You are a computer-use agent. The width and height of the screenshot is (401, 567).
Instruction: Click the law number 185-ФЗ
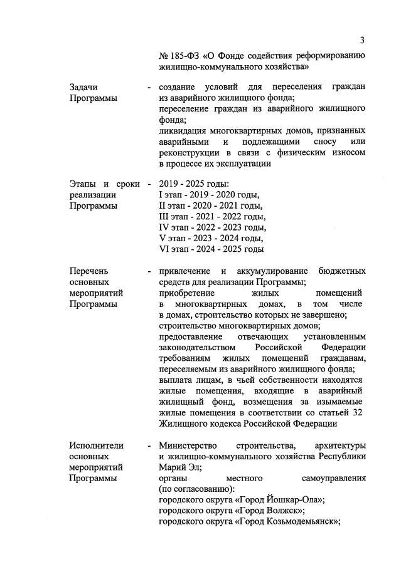pyautogui.click(x=183, y=56)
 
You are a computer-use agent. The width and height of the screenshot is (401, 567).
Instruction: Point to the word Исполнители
pyautogui.click(x=96, y=445)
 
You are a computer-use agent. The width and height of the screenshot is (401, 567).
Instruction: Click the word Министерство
pyautogui.click(x=188, y=445)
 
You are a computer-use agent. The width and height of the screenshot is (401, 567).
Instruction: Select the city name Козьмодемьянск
pyautogui.click(x=292, y=521)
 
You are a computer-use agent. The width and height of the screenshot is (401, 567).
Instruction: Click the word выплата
pyautogui.click(x=176, y=380)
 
